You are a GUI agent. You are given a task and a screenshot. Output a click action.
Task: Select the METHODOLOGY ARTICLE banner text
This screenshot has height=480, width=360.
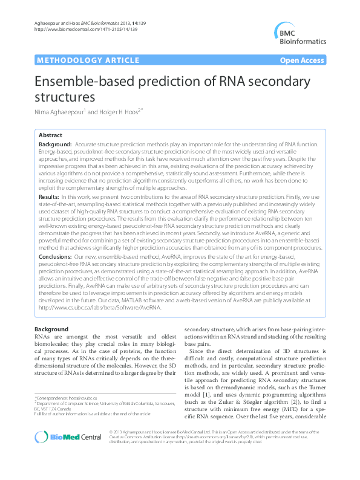(x=79, y=60)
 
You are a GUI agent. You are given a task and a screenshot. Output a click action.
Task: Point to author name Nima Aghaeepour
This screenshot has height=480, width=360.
(x=59, y=111)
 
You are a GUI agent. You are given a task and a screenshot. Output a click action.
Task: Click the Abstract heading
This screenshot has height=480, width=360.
(x=50, y=135)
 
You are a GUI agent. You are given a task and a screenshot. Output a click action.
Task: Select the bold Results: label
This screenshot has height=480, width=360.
(x=48, y=197)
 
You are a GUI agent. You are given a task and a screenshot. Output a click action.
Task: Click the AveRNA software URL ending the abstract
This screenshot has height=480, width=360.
(x=100, y=291)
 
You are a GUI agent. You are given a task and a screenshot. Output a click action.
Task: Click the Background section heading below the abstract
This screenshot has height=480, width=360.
(x=51, y=329)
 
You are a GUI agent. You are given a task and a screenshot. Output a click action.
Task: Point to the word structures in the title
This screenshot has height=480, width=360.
(x=65, y=97)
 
